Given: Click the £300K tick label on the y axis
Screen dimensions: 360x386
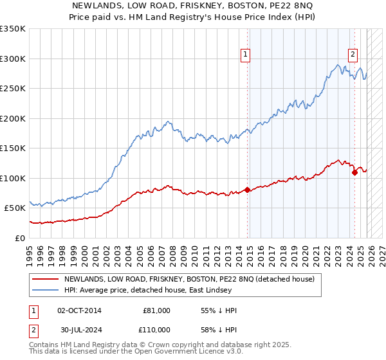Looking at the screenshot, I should pyautogui.click(x=13, y=59).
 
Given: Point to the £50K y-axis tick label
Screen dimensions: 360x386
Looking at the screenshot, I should pyautogui.click(x=15, y=208).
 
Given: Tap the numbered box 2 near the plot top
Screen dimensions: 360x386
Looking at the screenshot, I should pyautogui.click(x=353, y=55).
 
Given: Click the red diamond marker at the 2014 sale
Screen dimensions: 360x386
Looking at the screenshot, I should pyautogui.click(x=248, y=190).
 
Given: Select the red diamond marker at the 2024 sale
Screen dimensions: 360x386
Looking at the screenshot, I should pyautogui.click(x=354, y=172).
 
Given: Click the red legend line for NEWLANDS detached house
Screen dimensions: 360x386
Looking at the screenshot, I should pyautogui.click(x=46, y=279).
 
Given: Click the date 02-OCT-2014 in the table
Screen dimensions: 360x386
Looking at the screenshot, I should pyautogui.click(x=79, y=310).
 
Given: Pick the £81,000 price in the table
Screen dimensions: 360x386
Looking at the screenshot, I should pyautogui.click(x=156, y=310).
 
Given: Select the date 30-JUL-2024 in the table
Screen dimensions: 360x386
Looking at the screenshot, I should pyautogui.click(x=79, y=330).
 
